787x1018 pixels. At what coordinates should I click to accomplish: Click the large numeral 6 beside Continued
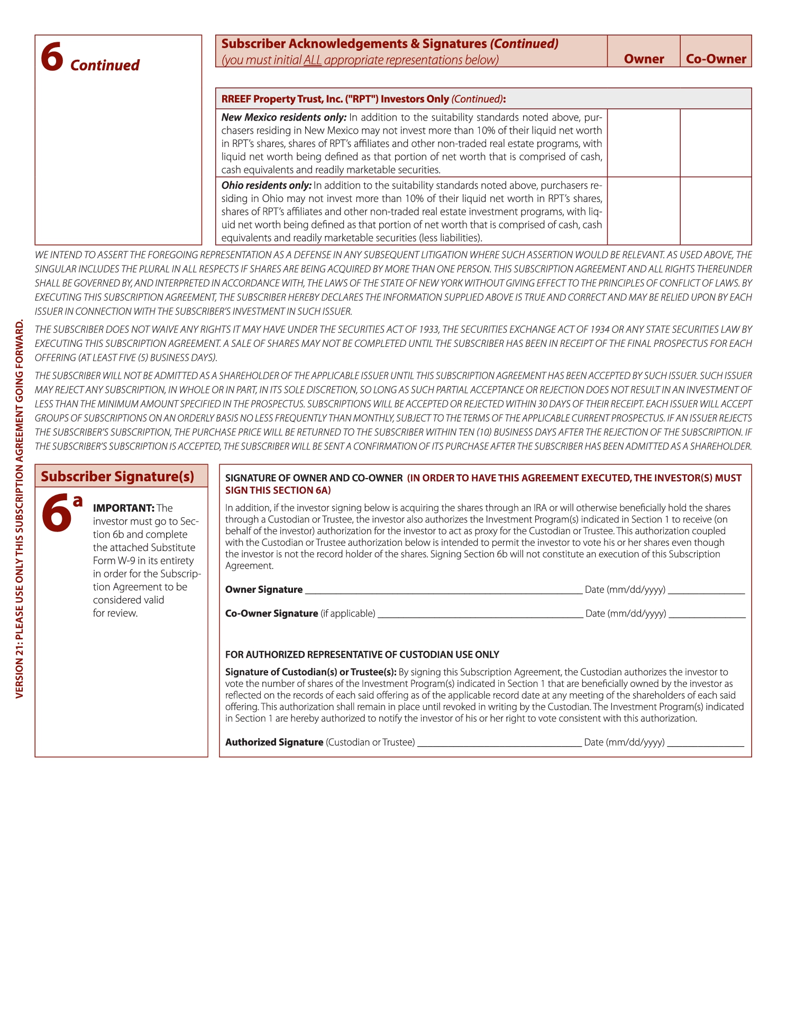pyautogui.click(x=52, y=57)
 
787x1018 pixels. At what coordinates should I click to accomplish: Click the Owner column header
pyautogui.click(x=644, y=59)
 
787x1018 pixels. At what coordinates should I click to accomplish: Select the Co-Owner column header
pyautogui.click(x=716, y=59)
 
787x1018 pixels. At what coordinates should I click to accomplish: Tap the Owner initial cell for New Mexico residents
pyautogui.click(x=644, y=143)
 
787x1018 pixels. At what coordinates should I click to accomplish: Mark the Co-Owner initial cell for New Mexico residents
pyautogui.click(x=716, y=143)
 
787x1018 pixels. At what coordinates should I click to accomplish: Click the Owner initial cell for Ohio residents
pyautogui.click(x=644, y=210)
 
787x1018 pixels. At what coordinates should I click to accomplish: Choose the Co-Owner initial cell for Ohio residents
pyautogui.click(x=716, y=210)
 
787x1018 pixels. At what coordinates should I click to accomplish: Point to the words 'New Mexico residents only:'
pyautogui.click(x=283, y=117)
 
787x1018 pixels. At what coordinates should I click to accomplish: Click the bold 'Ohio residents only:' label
pyautogui.click(x=266, y=186)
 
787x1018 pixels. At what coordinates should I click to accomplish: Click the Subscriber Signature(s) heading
pyautogui.click(x=117, y=476)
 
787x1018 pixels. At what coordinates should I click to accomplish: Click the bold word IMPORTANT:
pyautogui.click(x=124, y=508)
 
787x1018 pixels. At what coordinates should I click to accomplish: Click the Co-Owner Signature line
pyautogui.click(x=480, y=614)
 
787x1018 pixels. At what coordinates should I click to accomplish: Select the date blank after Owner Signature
pyautogui.click(x=706, y=590)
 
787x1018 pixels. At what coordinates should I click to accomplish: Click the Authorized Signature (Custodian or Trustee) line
pyautogui.click(x=499, y=742)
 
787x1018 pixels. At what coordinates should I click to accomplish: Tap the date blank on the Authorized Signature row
pyautogui.click(x=705, y=742)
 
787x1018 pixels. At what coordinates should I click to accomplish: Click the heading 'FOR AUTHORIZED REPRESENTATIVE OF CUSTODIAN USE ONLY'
pyautogui.click(x=362, y=655)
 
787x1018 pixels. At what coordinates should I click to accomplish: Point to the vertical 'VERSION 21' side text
pyautogui.click(x=20, y=508)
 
